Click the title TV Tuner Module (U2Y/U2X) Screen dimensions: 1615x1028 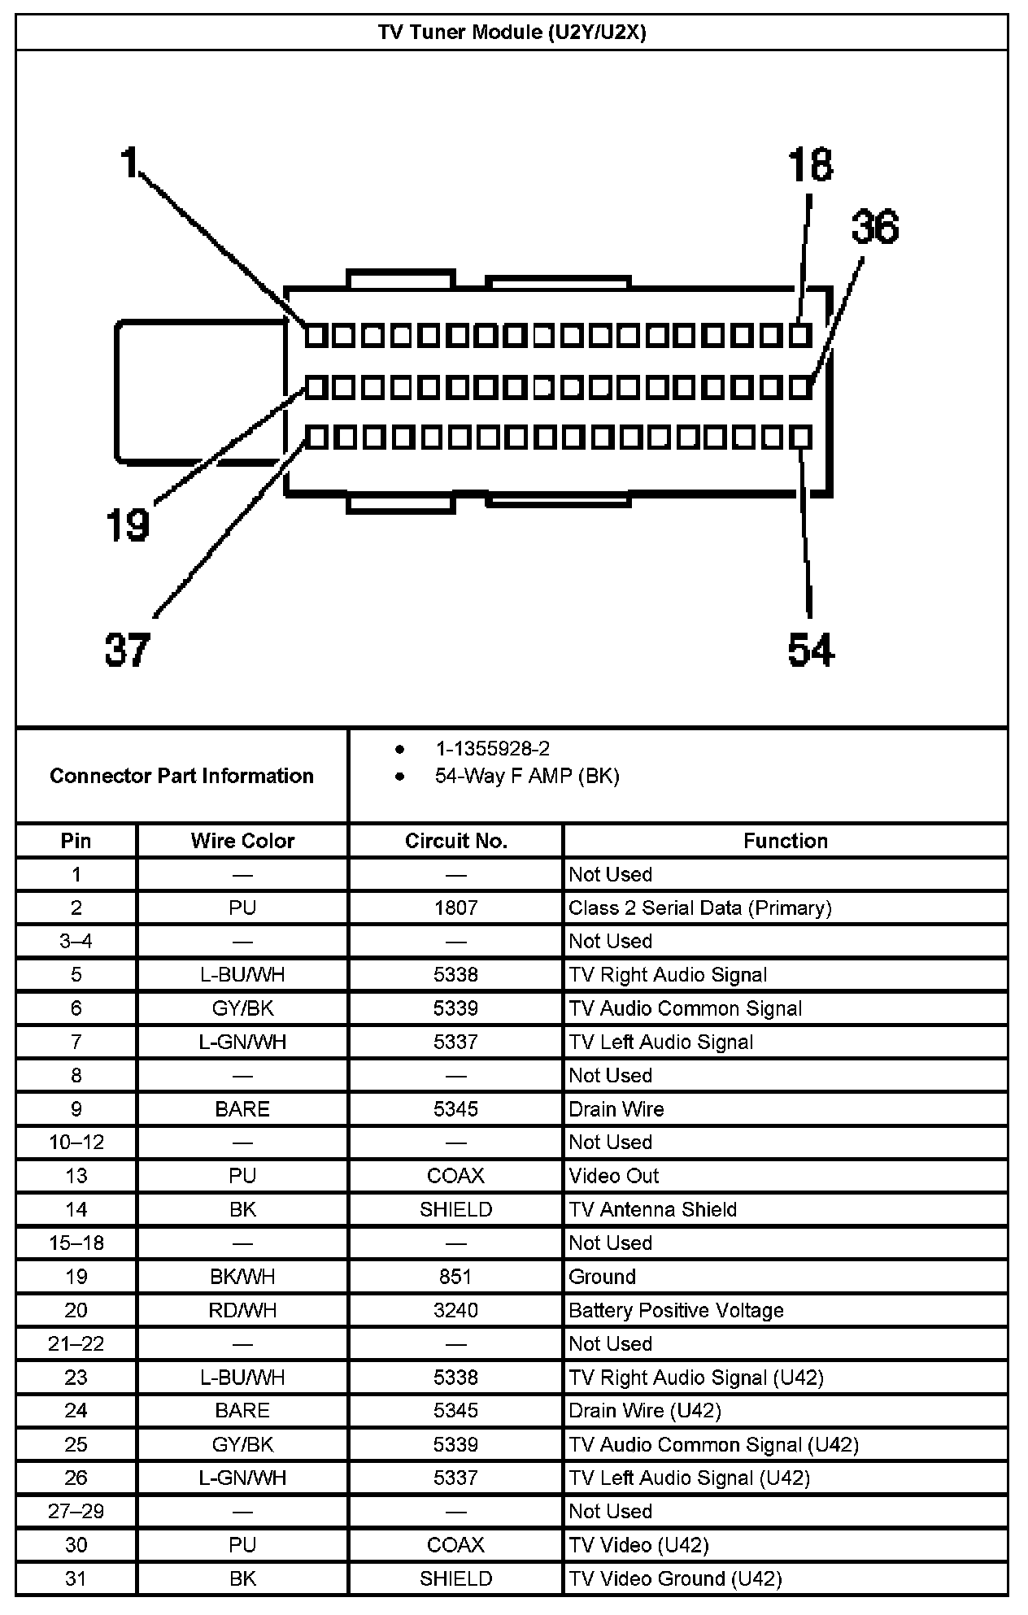(x=512, y=33)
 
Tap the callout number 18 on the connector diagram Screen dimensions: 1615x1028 (x=811, y=165)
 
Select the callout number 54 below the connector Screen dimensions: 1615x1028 (x=811, y=650)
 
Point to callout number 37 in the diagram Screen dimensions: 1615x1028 (x=128, y=650)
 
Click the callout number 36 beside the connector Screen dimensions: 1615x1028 (x=875, y=227)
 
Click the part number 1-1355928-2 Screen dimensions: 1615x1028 (x=492, y=749)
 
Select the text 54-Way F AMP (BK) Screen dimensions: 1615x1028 (x=527, y=776)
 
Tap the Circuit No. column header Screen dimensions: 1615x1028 (x=455, y=841)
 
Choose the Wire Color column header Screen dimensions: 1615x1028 (x=242, y=841)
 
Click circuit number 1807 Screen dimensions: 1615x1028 (x=455, y=908)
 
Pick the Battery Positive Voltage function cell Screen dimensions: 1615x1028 (x=676, y=1310)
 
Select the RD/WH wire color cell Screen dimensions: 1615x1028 (x=242, y=1310)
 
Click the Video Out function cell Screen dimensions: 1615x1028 (x=613, y=1176)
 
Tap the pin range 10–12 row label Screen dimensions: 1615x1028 (x=76, y=1143)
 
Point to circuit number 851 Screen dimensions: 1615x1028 (x=455, y=1277)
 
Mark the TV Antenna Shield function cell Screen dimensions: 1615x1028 (x=652, y=1209)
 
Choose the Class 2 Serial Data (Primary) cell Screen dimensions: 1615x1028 (x=699, y=908)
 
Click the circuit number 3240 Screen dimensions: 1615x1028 (x=455, y=1310)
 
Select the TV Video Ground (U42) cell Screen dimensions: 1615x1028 (x=675, y=1578)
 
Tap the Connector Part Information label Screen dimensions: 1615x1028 (x=181, y=776)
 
